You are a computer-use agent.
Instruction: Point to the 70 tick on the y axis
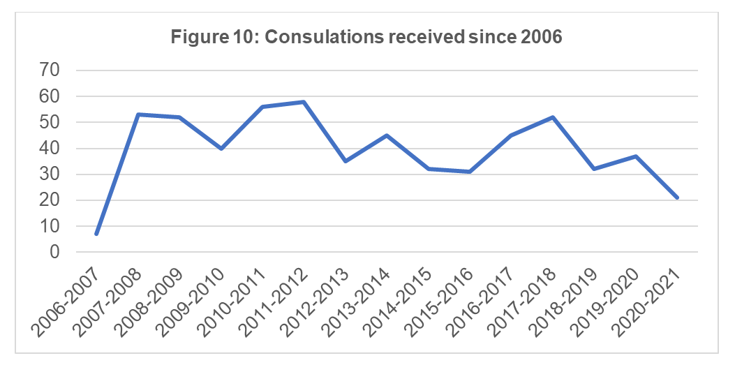(x=50, y=70)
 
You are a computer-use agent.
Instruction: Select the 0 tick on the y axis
(x=56, y=253)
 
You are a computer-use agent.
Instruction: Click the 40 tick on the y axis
(x=50, y=149)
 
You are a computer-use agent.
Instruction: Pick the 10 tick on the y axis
(x=50, y=227)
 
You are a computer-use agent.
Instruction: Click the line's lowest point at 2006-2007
(x=96, y=234)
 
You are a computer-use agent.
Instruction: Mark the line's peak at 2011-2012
(x=304, y=102)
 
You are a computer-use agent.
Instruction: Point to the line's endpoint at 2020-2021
(x=677, y=198)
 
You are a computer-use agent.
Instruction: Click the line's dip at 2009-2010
(x=221, y=149)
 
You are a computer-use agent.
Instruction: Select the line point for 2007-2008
(x=138, y=114)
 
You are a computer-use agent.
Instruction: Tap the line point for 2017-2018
(x=553, y=117)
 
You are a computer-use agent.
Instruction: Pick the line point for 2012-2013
(x=346, y=161)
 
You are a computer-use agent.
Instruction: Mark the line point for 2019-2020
(x=636, y=156)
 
